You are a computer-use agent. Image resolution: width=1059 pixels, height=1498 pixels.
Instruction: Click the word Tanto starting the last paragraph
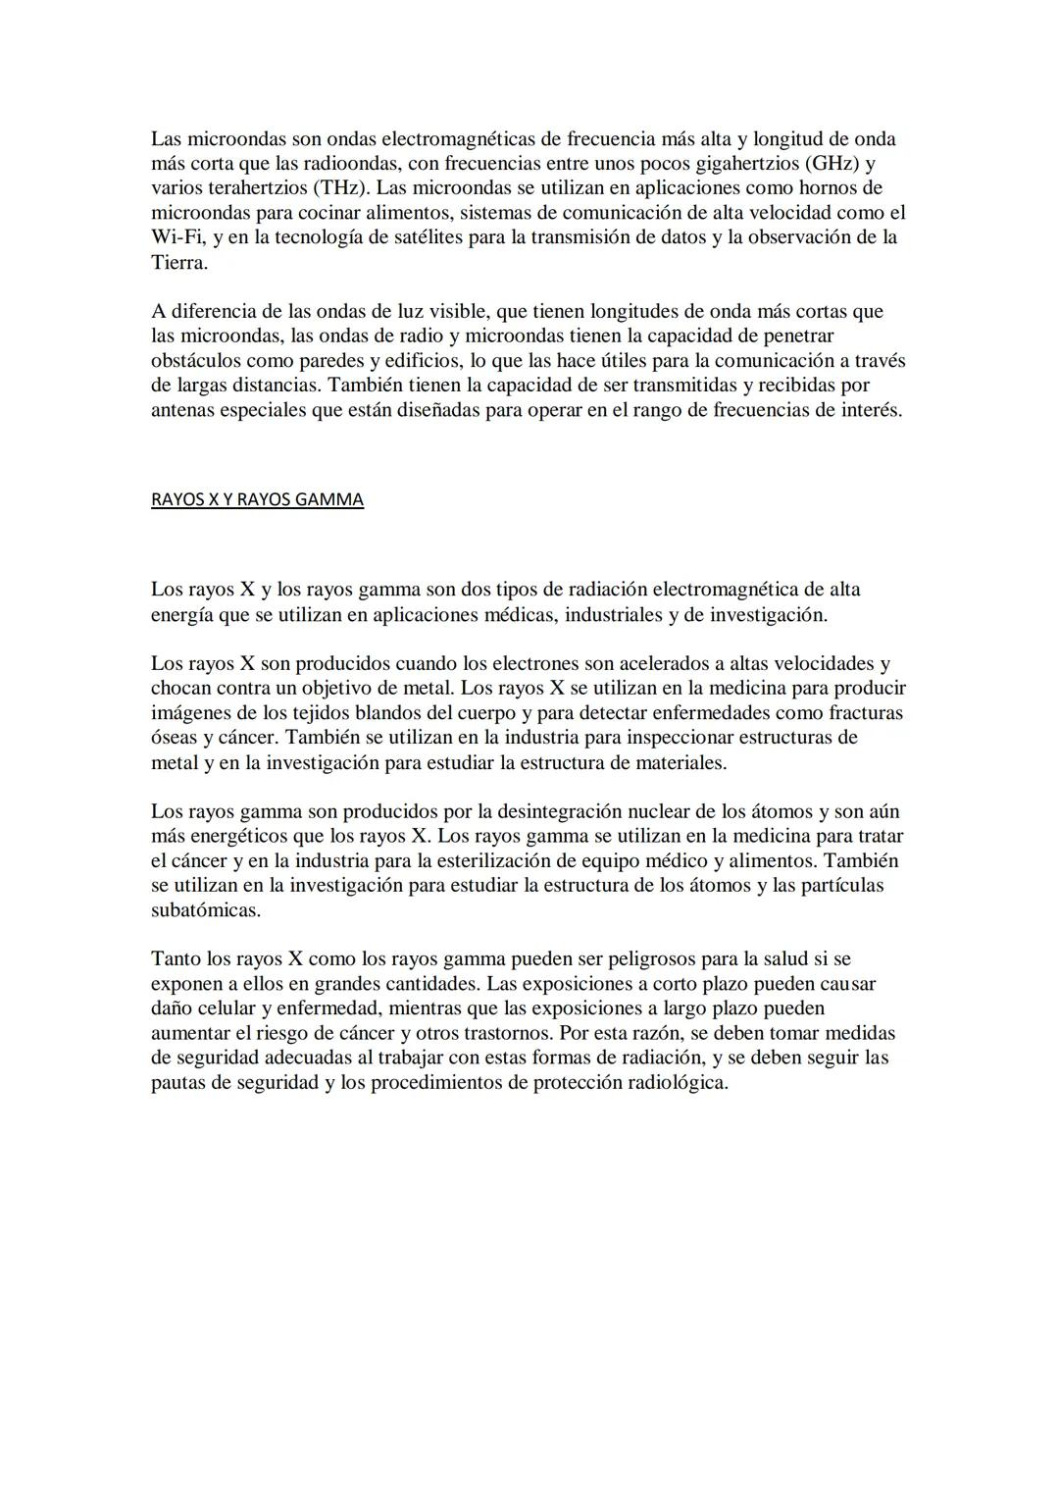(x=176, y=958)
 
